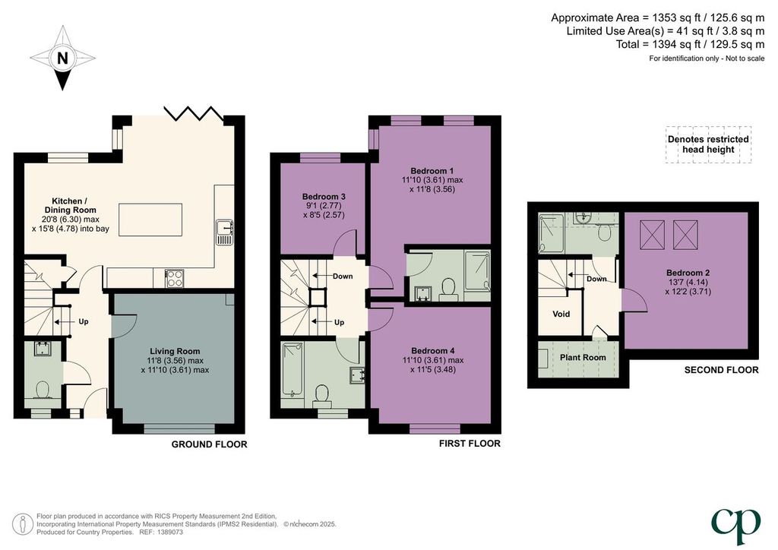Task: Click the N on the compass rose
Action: (x=62, y=58)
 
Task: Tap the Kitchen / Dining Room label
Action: (x=70, y=205)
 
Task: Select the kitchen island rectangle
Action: (x=150, y=220)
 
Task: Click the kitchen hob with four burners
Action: (x=175, y=278)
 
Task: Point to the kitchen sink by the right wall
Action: (x=225, y=232)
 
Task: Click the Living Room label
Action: (x=175, y=351)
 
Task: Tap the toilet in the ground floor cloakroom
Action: (x=42, y=389)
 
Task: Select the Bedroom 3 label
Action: (x=324, y=197)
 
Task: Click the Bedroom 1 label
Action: (x=432, y=171)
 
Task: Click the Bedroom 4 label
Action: (x=432, y=351)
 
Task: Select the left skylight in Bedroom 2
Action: (x=653, y=235)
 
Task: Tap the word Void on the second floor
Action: (x=561, y=314)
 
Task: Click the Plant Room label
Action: (x=583, y=357)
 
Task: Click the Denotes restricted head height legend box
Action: (x=708, y=144)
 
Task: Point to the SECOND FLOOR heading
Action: (x=722, y=370)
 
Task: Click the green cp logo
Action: (x=735, y=526)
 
